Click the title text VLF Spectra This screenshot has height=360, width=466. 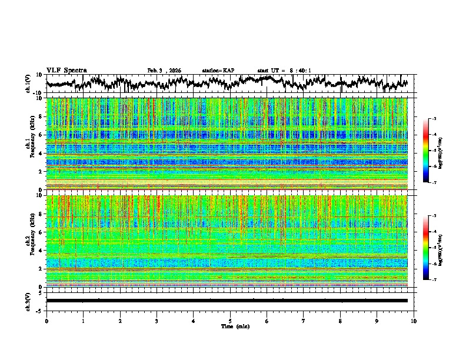66,70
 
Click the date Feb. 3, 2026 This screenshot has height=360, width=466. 164,71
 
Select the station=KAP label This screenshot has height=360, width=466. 218,71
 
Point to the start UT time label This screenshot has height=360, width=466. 284,71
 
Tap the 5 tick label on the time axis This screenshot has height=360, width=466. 230,320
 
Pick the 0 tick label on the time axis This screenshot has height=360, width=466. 46,320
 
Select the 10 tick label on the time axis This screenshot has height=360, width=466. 414,320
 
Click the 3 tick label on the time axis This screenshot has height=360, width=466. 157,320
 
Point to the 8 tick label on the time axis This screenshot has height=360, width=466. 340,320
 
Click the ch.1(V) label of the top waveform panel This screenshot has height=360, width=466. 28,84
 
